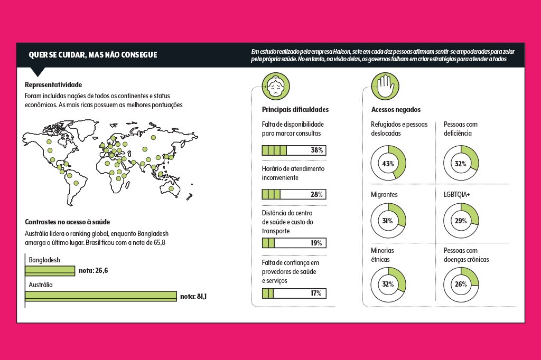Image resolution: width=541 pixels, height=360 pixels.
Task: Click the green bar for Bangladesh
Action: (51, 270)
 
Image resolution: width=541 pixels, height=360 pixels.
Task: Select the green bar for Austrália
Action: (101, 296)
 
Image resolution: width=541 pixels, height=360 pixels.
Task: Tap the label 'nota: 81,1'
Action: (193, 296)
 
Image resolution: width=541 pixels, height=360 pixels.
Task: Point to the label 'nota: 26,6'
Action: (93, 270)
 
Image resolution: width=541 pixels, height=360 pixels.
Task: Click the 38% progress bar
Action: (294, 150)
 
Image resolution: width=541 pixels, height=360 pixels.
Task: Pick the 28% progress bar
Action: (294, 194)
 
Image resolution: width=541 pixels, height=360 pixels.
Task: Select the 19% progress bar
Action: (294, 243)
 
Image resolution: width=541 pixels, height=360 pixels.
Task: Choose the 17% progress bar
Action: (294, 293)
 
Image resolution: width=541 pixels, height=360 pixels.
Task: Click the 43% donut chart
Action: (388, 164)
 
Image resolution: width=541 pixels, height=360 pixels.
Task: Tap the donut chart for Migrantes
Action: (388, 221)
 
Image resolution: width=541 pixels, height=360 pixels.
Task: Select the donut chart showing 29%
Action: (461, 221)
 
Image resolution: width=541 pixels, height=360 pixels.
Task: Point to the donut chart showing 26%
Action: (461, 284)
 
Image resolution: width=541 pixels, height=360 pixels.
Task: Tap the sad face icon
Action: (275, 85)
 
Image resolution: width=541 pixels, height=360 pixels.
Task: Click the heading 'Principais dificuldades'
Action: (295, 109)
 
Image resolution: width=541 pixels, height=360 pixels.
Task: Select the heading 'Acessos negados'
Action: (396, 109)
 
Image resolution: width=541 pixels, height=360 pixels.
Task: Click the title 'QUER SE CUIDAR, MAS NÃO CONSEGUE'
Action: (93, 55)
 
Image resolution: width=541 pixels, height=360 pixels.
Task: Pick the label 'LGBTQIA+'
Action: (456, 195)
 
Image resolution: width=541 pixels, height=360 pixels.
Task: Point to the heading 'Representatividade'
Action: (53, 84)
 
